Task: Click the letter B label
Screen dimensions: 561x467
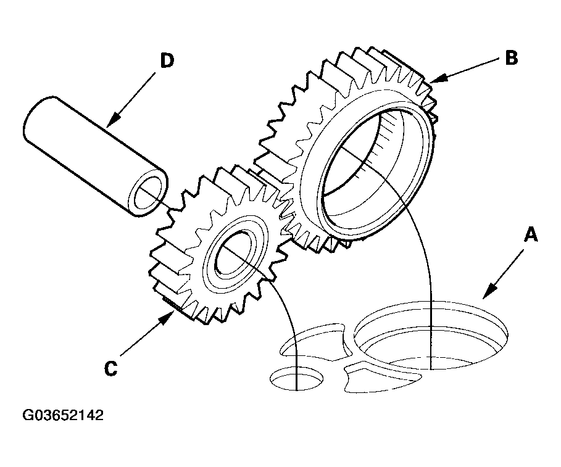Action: pos(512,57)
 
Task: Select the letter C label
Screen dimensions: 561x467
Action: pos(111,368)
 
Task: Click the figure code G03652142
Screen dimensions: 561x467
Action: pos(63,415)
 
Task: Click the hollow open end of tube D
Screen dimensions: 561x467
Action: pos(148,192)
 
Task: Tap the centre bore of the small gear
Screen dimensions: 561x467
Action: pos(235,255)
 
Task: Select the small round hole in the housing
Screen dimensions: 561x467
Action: pos(297,379)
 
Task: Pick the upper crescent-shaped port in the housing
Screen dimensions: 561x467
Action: pos(315,342)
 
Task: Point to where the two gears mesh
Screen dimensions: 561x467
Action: pos(283,207)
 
